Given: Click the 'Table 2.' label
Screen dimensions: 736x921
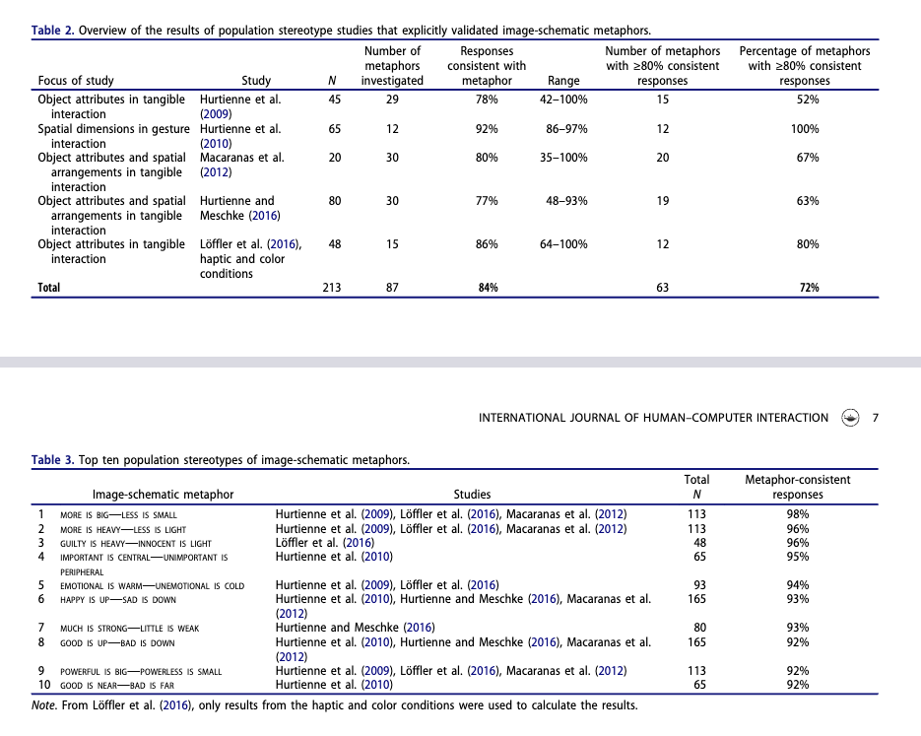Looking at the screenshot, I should point(53,31).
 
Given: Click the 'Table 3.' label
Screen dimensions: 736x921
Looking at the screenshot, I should point(53,460).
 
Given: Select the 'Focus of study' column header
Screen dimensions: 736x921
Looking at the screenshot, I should point(76,81).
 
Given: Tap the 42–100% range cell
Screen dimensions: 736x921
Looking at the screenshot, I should point(563,100).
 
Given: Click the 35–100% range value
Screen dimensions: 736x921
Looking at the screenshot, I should point(563,158).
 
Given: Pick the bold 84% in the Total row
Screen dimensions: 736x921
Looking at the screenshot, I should point(487,288).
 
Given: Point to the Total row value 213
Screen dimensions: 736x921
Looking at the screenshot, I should point(332,288).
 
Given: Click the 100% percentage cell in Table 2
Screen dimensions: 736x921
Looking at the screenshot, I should point(808,129).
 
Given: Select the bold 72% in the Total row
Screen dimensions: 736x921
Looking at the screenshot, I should point(808,288).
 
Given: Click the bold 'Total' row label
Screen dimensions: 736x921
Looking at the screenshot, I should point(49,288).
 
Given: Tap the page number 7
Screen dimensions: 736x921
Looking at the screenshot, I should point(876,418).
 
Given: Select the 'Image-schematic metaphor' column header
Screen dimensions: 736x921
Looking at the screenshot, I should point(163,495).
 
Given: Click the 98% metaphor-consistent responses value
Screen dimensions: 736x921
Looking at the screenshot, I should point(798,514).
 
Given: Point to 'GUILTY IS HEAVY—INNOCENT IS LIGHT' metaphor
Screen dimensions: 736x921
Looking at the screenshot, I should point(136,543).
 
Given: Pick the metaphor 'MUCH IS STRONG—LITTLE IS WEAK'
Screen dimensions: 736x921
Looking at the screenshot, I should point(129,629).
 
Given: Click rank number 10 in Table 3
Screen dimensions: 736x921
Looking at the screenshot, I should point(43,685).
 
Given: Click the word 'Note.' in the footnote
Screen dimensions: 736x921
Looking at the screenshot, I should point(44,705).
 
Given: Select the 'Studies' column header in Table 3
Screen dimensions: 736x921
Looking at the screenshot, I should point(472,495).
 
